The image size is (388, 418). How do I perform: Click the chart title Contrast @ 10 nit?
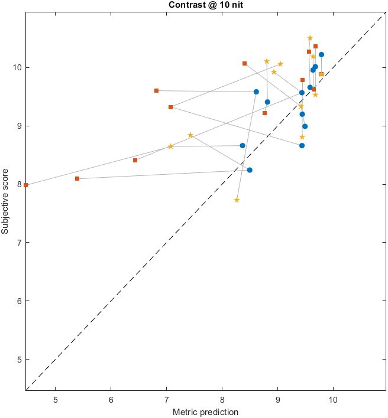point(205,6)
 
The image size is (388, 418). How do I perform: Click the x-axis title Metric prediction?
point(205,412)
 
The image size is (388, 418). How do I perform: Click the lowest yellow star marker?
point(237,200)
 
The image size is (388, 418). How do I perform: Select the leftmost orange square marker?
point(26,185)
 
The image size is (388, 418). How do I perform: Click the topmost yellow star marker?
point(310,38)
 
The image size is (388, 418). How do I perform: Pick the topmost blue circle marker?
point(321,54)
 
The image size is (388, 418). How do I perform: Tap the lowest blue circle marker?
point(250,170)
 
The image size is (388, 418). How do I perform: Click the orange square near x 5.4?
point(77,178)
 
